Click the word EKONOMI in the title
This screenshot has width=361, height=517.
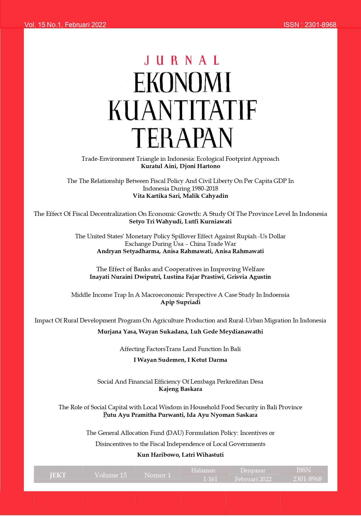182,83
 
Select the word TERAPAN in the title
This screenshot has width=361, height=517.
182,137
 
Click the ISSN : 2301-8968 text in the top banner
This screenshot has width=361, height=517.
310,25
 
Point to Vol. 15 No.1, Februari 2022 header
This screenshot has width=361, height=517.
65,25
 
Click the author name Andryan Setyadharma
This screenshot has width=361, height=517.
128,251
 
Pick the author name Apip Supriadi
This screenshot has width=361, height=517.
180,302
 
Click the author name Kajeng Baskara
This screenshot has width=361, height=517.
180,389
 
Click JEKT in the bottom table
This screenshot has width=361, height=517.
58,475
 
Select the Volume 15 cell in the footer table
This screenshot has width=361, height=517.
111,475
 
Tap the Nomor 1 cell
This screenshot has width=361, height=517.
158,475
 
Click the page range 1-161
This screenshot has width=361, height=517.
210,479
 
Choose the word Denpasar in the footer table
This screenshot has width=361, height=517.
253,470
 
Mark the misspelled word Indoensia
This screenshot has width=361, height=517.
276,295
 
